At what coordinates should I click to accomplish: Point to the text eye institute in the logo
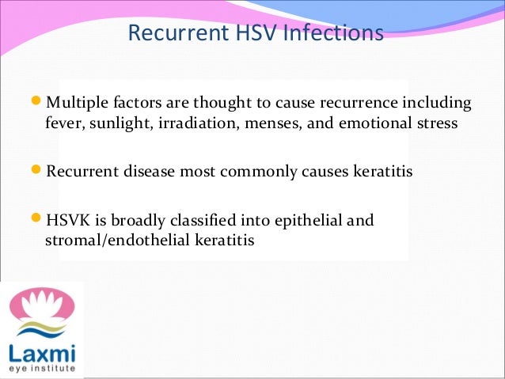[40, 369]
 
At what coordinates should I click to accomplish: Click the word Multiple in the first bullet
[76, 104]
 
